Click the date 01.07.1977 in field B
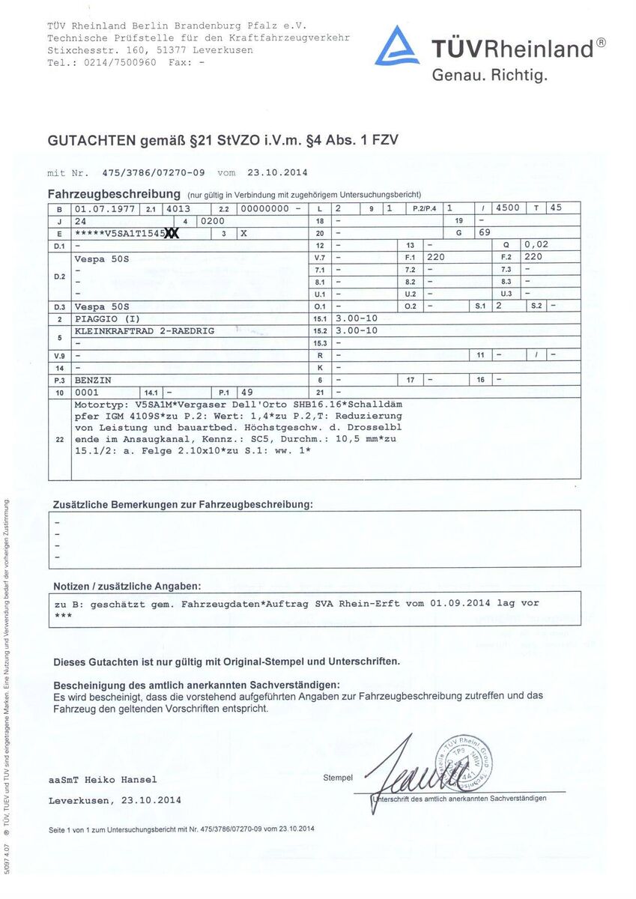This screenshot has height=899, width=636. (105, 208)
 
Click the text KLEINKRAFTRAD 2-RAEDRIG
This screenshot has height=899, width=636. (144, 330)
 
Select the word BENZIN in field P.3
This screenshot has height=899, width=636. (93, 380)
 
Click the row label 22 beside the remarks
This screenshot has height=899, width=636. (59, 440)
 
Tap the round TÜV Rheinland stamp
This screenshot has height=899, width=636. (464, 762)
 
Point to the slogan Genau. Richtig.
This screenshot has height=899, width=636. (490, 75)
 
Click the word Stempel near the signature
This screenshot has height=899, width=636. (338, 778)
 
